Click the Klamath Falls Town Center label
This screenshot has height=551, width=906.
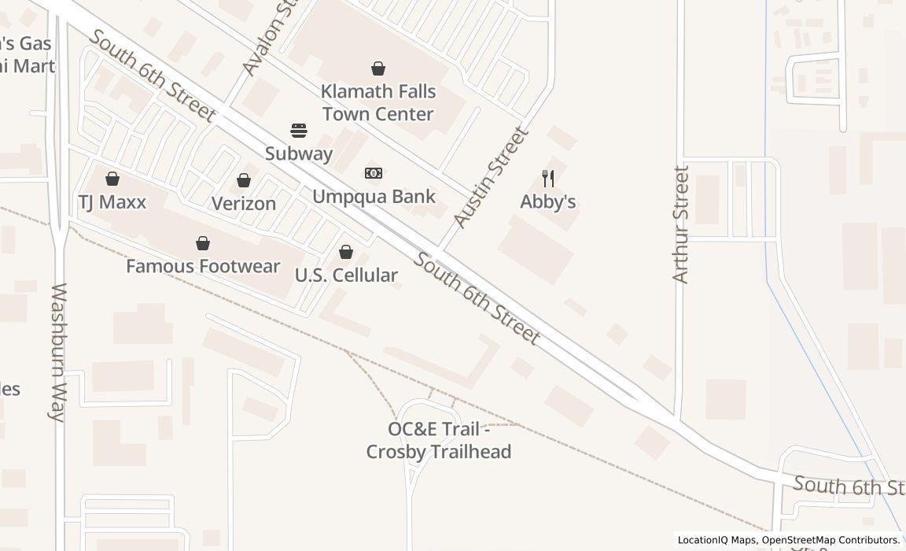pos(378,103)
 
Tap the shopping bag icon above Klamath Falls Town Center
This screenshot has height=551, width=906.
pos(378,68)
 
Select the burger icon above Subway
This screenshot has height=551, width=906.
pos(298,130)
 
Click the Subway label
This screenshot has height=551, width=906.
pos(298,153)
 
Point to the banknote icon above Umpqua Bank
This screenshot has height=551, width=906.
pos(374,173)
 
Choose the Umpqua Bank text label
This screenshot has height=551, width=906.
pos(374,196)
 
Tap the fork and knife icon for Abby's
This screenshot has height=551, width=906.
pos(548,179)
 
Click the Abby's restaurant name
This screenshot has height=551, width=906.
pos(548,202)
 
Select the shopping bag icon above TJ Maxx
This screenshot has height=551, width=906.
pos(112,179)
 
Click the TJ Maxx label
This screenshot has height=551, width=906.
pos(112,202)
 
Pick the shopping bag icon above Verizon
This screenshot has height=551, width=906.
pos(244,180)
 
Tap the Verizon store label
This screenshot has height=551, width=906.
pos(244,204)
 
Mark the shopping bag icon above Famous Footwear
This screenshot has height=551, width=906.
pos(203,243)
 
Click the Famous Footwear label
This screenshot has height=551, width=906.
pos(203,266)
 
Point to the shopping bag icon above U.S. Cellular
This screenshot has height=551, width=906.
pos(346,252)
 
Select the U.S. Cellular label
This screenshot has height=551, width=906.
pos(346,275)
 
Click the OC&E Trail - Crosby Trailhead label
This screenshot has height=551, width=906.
pos(439,441)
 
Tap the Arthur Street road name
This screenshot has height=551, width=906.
pos(681,224)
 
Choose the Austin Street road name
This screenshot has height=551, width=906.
pos(492,179)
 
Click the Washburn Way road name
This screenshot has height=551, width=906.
pos(59,352)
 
